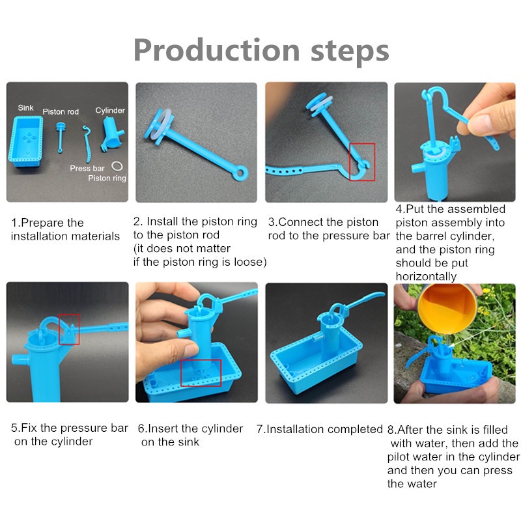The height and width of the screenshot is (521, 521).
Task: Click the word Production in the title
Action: (x=217, y=50)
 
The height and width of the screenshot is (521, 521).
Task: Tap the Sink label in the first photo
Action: (x=25, y=107)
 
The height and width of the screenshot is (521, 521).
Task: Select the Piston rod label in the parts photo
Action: (x=61, y=111)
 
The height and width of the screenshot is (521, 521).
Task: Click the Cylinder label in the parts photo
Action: (x=110, y=110)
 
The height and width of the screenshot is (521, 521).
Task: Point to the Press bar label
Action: (x=87, y=168)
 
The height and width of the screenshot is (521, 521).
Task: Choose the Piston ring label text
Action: (x=107, y=178)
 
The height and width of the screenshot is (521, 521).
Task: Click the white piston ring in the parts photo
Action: (x=117, y=165)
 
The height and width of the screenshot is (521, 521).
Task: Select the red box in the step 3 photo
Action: (x=362, y=162)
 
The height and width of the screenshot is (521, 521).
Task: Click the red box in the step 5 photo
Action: (x=69, y=330)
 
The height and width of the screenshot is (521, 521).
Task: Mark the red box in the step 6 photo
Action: (x=201, y=373)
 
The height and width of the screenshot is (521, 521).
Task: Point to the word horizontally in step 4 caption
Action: (x=426, y=276)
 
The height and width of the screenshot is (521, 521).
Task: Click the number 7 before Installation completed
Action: (x=259, y=429)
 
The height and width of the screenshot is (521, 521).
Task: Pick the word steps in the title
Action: (x=350, y=51)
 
